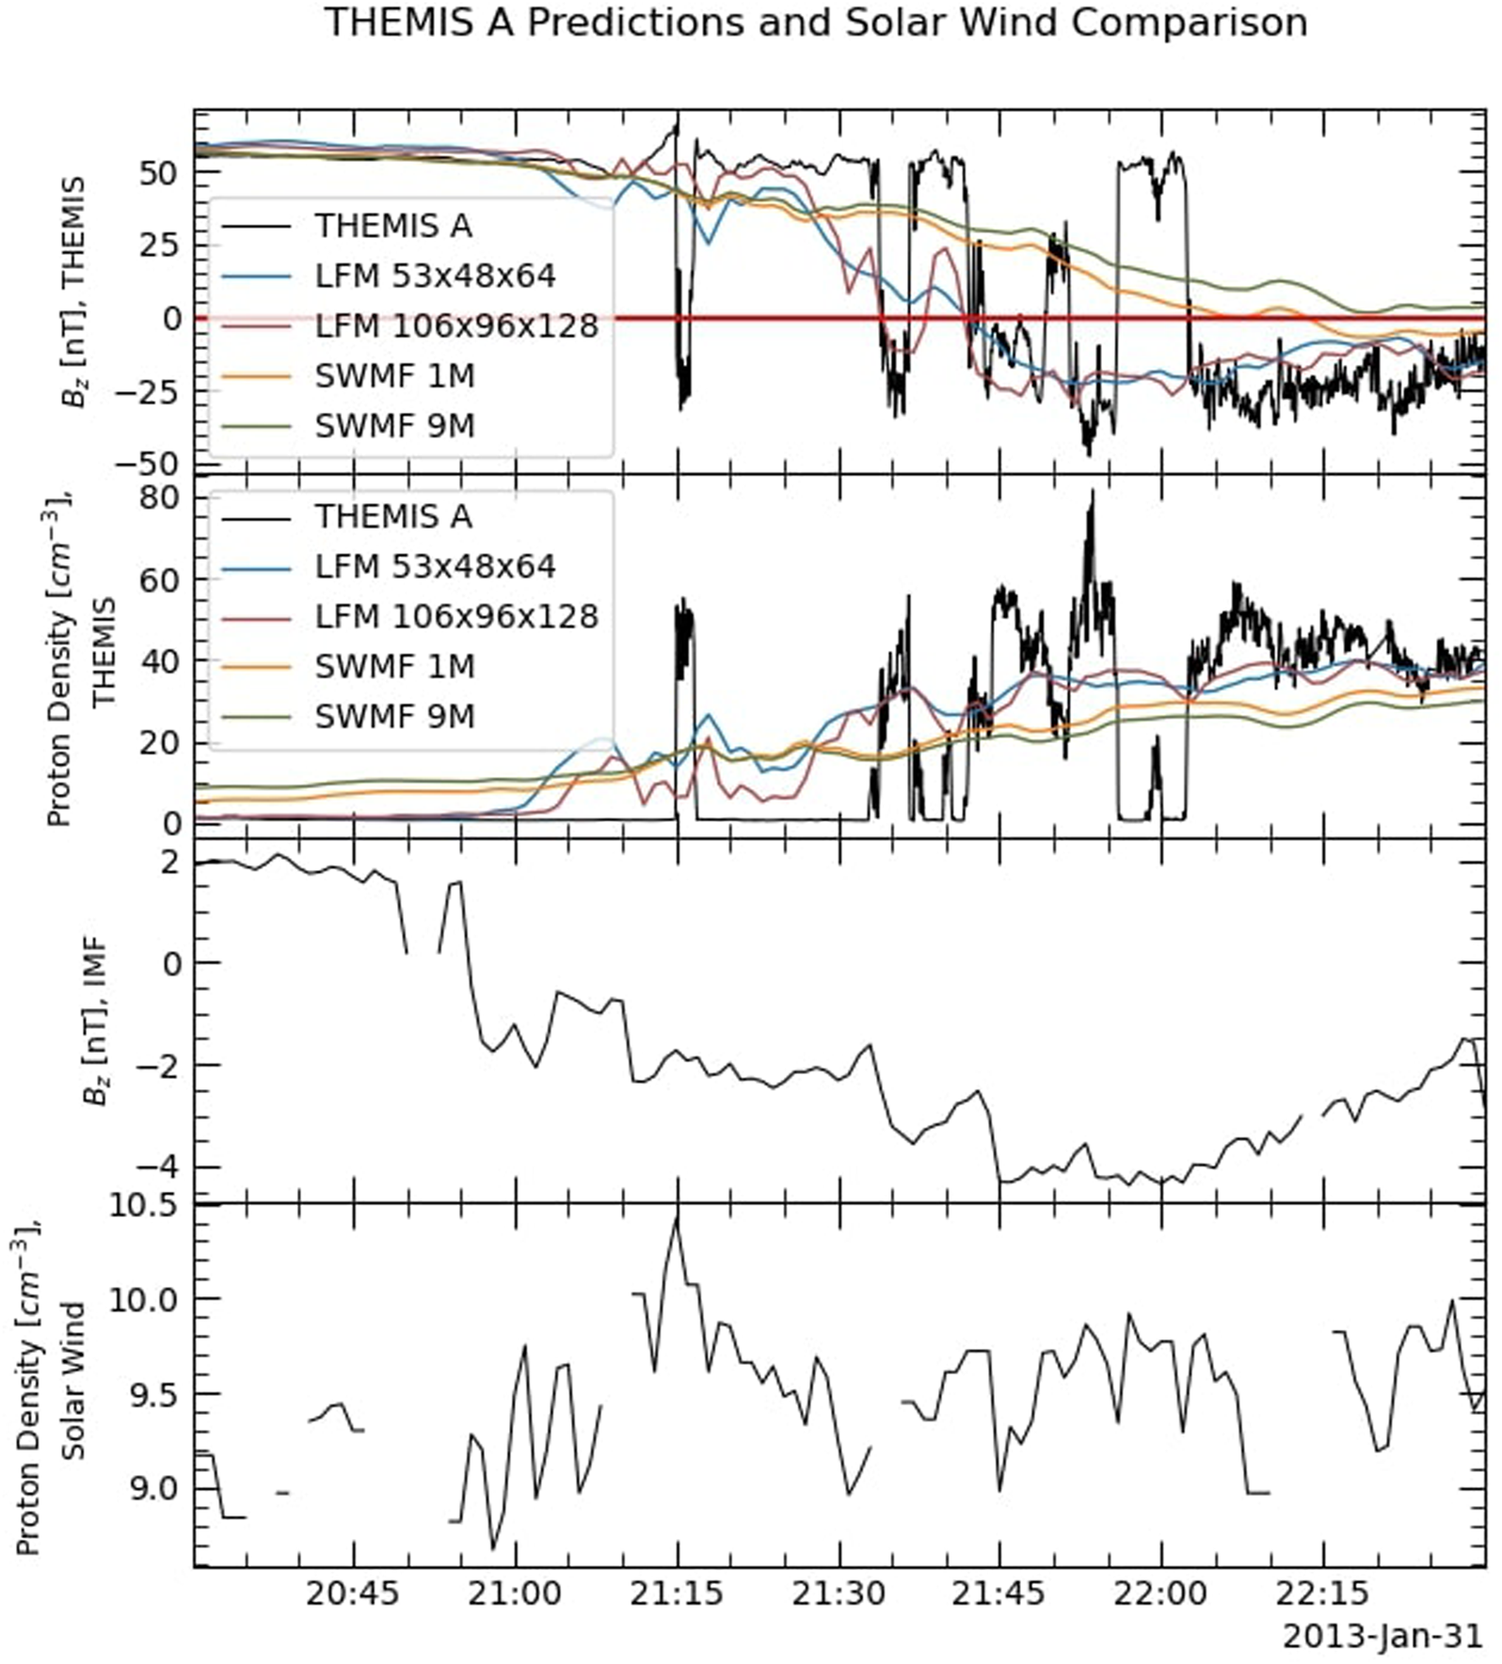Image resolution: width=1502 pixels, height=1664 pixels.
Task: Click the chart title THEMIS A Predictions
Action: point(815,23)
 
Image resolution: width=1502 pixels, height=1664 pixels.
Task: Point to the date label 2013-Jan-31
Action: point(1382,1637)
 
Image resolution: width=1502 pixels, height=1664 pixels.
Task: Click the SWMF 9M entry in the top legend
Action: point(393,426)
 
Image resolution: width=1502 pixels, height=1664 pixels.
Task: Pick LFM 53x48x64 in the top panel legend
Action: point(435,276)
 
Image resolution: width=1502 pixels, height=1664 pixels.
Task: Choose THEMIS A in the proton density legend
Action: point(393,516)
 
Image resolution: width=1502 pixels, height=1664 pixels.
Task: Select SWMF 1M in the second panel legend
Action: point(393,666)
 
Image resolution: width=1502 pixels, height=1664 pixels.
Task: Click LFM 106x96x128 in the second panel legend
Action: point(456,616)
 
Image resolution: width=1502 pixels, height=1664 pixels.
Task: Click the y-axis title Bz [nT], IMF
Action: point(95,1022)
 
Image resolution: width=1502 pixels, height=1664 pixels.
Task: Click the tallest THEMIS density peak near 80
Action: point(1092,493)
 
